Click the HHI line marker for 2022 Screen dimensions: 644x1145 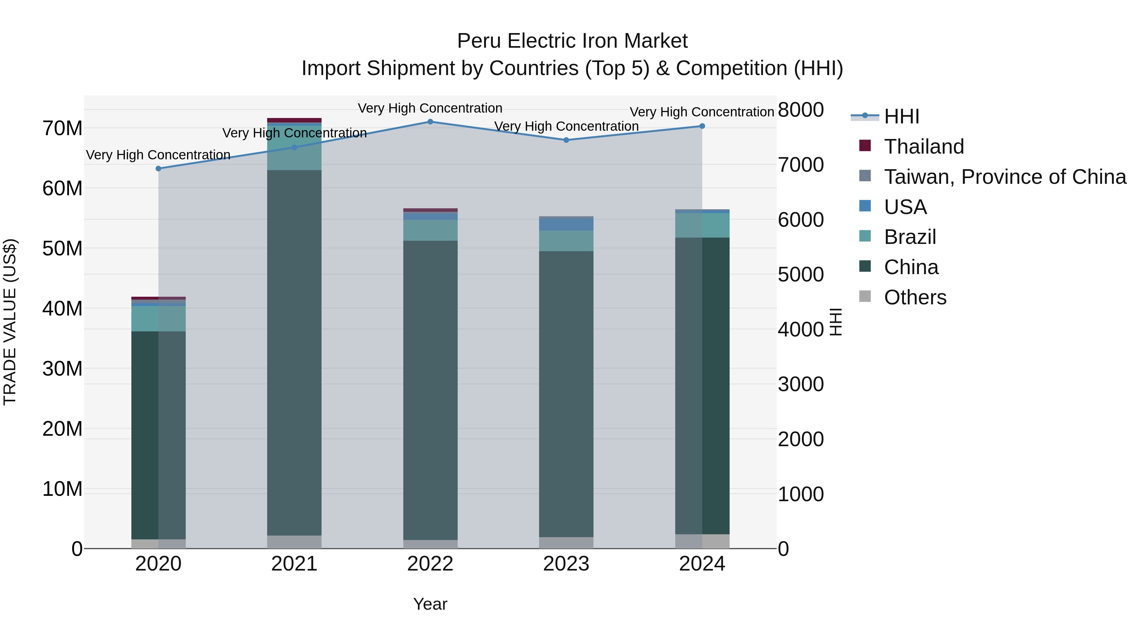click(x=430, y=122)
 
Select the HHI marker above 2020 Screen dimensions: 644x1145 click(x=158, y=169)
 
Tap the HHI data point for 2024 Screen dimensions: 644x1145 click(x=702, y=126)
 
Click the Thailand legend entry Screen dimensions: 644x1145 click(x=924, y=147)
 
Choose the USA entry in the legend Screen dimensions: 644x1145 click(x=905, y=207)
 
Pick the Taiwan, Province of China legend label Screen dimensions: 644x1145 click(x=1004, y=177)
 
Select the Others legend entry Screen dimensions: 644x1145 click(x=915, y=297)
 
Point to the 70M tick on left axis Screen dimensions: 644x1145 click(x=62, y=128)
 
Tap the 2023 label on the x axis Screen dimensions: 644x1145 click(x=566, y=564)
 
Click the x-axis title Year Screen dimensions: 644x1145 click(x=430, y=604)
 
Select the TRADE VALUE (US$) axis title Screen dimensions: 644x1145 click(x=10, y=322)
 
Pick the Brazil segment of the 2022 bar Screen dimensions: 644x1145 click(x=430, y=230)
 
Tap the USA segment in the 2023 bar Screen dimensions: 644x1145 click(x=566, y=225)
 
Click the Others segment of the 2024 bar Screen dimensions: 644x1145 click(x=702, y=541)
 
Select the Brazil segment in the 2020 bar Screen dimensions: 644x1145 click(x=158, y=318)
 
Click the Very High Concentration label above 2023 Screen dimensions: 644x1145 click(x=566, y=126)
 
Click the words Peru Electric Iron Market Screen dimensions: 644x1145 click(x=572, y=41)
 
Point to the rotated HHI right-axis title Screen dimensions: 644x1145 click(x=836, y=322)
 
